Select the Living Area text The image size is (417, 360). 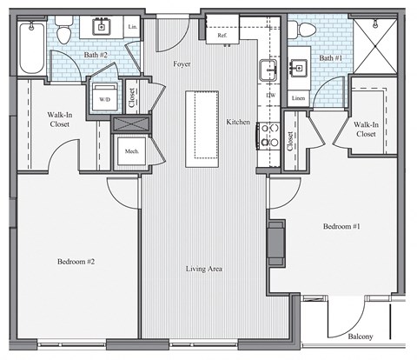(204, 269)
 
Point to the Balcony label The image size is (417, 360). (361, 337)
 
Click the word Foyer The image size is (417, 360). (182, 63)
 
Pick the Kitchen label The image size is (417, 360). (239, 123)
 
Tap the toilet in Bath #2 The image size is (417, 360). (63, 32)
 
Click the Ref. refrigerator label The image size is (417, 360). (222, 36)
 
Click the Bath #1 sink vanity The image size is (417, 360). (298, 69)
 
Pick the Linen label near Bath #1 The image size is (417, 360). (298, 97)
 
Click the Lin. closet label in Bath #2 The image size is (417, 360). (133, 28)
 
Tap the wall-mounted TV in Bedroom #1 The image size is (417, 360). (275, 243)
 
